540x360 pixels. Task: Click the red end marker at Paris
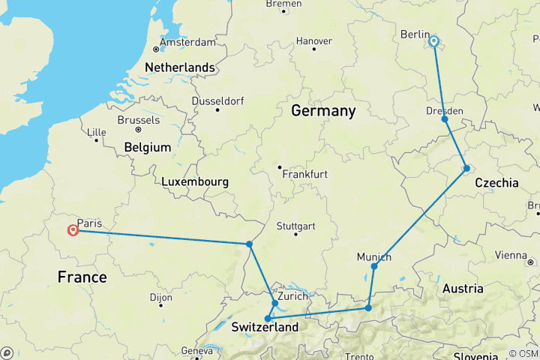[73, 230]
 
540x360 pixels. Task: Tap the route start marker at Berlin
[433, 42]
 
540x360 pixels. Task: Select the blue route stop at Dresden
[445, 119]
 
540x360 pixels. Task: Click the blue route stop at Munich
[374, 266]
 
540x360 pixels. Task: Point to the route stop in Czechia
[466, 168]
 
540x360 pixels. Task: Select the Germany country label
[323, 111]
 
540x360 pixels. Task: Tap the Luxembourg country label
[195, 181]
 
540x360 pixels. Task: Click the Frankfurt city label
[306, 174]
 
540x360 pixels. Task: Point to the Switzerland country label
[265, 327]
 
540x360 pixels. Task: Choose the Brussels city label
[139, 120]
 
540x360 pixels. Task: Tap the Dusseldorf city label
[220, 100]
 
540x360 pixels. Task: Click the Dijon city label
[161, 298]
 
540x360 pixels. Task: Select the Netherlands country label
[179, 67]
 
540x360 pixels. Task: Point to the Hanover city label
[314, 40]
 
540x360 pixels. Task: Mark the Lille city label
[97, 132]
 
